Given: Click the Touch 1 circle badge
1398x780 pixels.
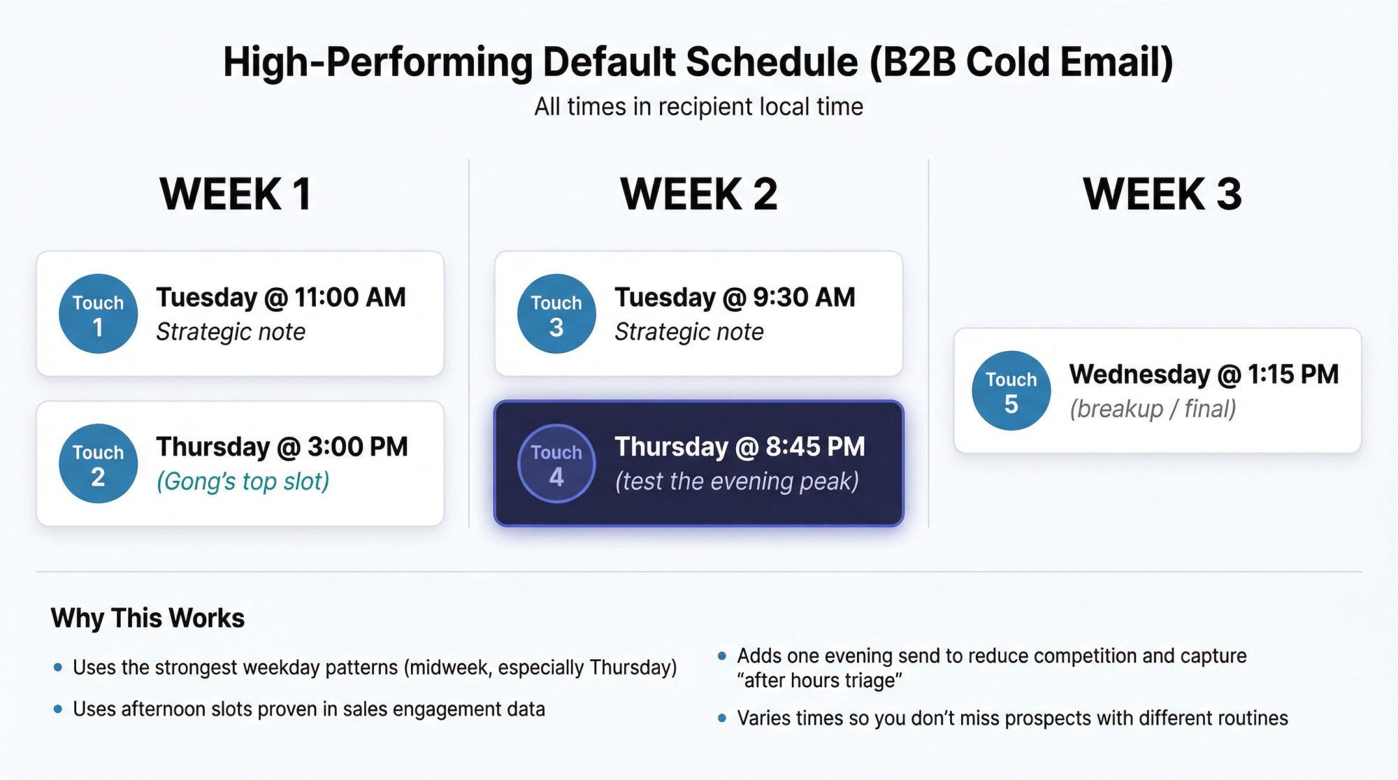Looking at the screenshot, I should (98, 313).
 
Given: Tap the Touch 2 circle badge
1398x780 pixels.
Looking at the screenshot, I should (98, 463).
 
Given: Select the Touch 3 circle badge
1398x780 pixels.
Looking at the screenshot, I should (556, 313).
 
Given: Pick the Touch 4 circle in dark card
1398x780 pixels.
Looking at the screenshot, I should (556, 463).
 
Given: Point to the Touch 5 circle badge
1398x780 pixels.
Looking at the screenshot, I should (1011, 390).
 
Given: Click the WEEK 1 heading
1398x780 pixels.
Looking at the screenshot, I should (236, 194).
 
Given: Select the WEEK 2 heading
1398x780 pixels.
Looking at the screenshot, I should (698, 194).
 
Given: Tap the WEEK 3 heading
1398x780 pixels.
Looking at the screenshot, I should (1162, 194).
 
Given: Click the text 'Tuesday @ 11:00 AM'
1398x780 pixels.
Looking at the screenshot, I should (281, 297).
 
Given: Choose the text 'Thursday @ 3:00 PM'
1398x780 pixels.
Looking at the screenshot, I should (282, 447).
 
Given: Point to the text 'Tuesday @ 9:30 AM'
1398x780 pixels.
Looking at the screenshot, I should (735, 297).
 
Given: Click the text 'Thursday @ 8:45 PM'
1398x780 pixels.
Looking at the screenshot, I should (740, 447).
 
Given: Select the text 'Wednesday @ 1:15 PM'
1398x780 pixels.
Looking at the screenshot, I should (1204, 374).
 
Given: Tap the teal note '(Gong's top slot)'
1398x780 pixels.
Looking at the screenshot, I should (243, 482).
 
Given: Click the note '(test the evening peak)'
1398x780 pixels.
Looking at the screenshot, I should (737, 482).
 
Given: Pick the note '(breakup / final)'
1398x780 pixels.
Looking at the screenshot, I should (1153, 409).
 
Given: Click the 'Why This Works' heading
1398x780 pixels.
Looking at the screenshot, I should (147, 618).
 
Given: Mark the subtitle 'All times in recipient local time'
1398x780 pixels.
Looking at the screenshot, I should (698, 107).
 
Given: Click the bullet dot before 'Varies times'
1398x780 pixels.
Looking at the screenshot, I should (722, 718).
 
